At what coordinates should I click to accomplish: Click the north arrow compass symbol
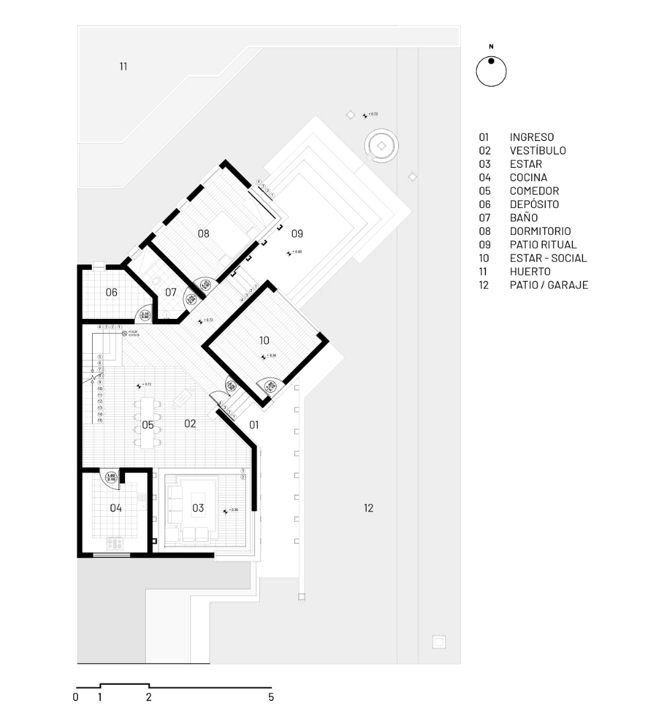coord(491,71)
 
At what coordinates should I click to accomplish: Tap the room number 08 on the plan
coord(204,234)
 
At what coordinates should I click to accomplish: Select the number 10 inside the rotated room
coord(263,340)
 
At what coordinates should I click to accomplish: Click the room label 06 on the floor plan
coord(112,292)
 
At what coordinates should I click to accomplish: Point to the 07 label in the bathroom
coord(171,292)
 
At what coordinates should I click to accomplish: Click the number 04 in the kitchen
coord(116,508)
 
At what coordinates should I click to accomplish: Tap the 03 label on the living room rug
coord(198,508)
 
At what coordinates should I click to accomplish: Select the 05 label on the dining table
coord(148,425)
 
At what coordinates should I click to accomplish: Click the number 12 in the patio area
coord(368,508)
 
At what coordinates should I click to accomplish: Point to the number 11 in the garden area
coord(123,66)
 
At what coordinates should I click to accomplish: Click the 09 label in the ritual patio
coord(298,234)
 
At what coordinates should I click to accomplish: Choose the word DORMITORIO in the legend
coord(540,231)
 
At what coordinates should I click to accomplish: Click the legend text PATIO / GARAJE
coord(549,285)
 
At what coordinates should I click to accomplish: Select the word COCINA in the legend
coord(528,177)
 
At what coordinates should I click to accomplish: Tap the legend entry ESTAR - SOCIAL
coord(548,258)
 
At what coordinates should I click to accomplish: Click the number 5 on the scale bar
coord(271,697)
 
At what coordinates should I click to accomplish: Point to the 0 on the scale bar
coord(76,697)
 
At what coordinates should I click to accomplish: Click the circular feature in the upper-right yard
coord(382,146)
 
